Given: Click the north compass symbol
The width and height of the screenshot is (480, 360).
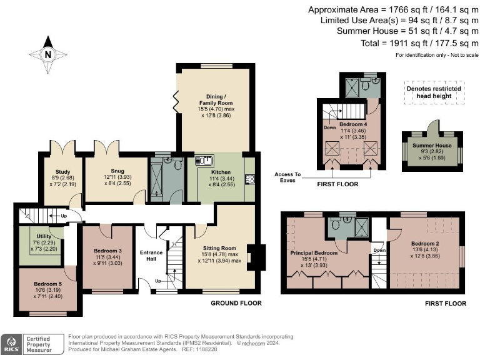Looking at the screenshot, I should tap(48, 54).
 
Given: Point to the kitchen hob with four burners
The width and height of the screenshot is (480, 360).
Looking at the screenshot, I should tap(250, 180).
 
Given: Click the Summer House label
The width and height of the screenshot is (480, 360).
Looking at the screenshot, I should tap(432, 145).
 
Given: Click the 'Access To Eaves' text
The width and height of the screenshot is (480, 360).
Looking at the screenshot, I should tap(289, 177).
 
